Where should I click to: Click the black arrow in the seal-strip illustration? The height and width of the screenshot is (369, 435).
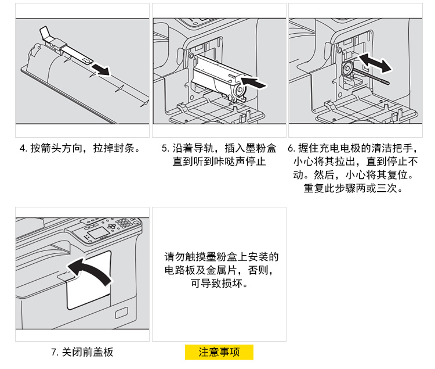(x=101, y=70)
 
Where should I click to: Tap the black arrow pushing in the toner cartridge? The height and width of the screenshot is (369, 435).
(x=254, y=83)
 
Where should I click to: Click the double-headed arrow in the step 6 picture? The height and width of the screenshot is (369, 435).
(x=375, y=63)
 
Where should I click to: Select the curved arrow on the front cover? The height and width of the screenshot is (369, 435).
(x=90, y=271)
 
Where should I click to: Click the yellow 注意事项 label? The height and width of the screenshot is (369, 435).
(x=219, y=352)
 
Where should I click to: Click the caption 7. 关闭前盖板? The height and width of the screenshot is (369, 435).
(x=82, y=352)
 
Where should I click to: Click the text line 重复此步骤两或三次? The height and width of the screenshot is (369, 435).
(x=353, y=188)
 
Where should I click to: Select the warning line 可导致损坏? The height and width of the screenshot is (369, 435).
(x=219, y=284)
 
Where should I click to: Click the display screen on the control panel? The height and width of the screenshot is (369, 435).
(x=97, y=232)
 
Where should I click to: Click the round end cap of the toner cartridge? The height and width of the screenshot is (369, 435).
(x=239, y=90)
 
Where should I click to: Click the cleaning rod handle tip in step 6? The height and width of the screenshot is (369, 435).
(x=386, y=82)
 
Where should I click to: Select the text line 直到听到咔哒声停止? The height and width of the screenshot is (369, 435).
(x=219, y=162)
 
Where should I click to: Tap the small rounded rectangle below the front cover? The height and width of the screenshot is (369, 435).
(x=122, y=313)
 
